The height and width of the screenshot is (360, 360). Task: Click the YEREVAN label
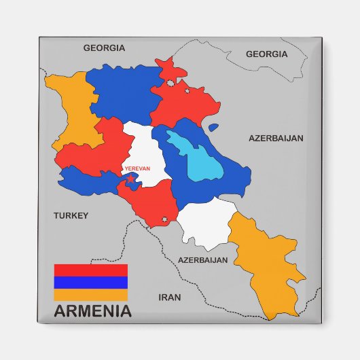(137, 168)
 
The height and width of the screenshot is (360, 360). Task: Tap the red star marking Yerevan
(130, 179)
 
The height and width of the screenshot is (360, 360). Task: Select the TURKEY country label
(71, 215)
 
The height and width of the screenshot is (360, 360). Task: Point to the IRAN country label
(169, 297)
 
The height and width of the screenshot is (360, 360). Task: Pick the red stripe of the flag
(90, 270)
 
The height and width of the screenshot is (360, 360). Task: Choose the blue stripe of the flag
(90, 283)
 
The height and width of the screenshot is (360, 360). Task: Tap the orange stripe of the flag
(90, 295)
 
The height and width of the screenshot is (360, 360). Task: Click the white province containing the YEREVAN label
(145, 146)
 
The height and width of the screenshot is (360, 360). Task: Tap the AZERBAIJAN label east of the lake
(276, 138)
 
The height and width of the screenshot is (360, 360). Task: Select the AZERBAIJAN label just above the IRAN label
(202, 259)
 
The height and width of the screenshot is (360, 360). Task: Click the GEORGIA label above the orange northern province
(104, 48)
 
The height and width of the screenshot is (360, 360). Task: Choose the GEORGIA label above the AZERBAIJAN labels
(266, 54)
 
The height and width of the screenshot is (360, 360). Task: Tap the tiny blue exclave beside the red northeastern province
(213, 127)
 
